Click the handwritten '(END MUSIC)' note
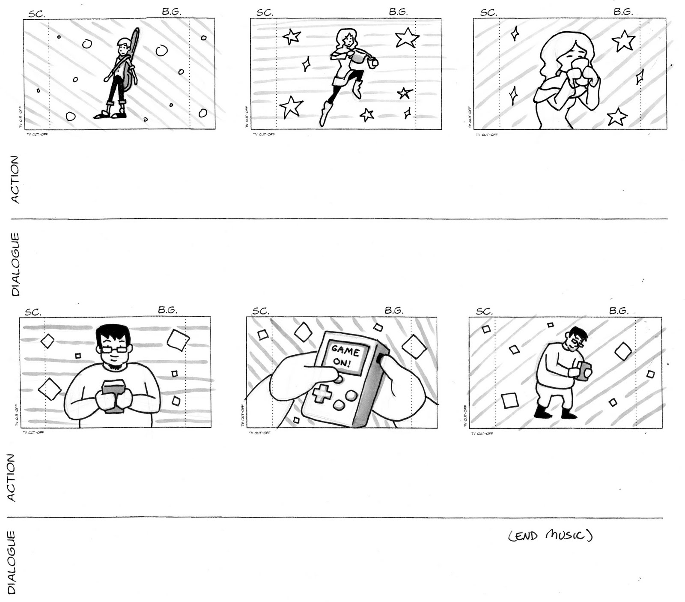550,536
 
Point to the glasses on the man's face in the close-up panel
113,349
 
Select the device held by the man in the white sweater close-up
114,395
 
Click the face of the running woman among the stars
348,41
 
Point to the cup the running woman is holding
374,63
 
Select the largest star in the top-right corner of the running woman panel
406,38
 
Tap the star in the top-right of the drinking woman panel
623,41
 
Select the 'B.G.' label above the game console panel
393,310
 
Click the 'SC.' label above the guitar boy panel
36,14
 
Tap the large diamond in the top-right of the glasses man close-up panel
178,339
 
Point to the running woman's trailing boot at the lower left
325,114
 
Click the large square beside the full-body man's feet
509,401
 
